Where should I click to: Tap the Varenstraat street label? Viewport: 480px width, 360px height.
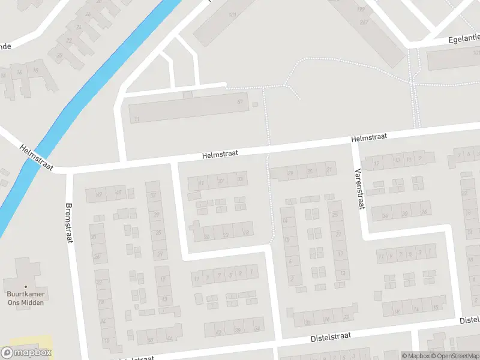(360, 188)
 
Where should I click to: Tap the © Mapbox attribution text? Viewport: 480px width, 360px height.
(415, 356)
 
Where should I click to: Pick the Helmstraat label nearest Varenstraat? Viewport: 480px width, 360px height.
(368, 138)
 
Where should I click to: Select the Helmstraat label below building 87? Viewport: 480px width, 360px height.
(220, 154)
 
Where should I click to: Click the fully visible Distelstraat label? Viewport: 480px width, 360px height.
(331, 338)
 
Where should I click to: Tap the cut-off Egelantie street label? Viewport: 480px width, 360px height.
(464, 38)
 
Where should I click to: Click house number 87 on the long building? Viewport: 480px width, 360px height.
(239, 102)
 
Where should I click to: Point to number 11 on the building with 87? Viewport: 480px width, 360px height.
(137, 119)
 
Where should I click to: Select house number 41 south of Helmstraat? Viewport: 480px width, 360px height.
(202, 182)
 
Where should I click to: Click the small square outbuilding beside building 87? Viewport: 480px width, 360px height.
(255, 105)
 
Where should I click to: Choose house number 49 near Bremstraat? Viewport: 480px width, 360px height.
(99, 193)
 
